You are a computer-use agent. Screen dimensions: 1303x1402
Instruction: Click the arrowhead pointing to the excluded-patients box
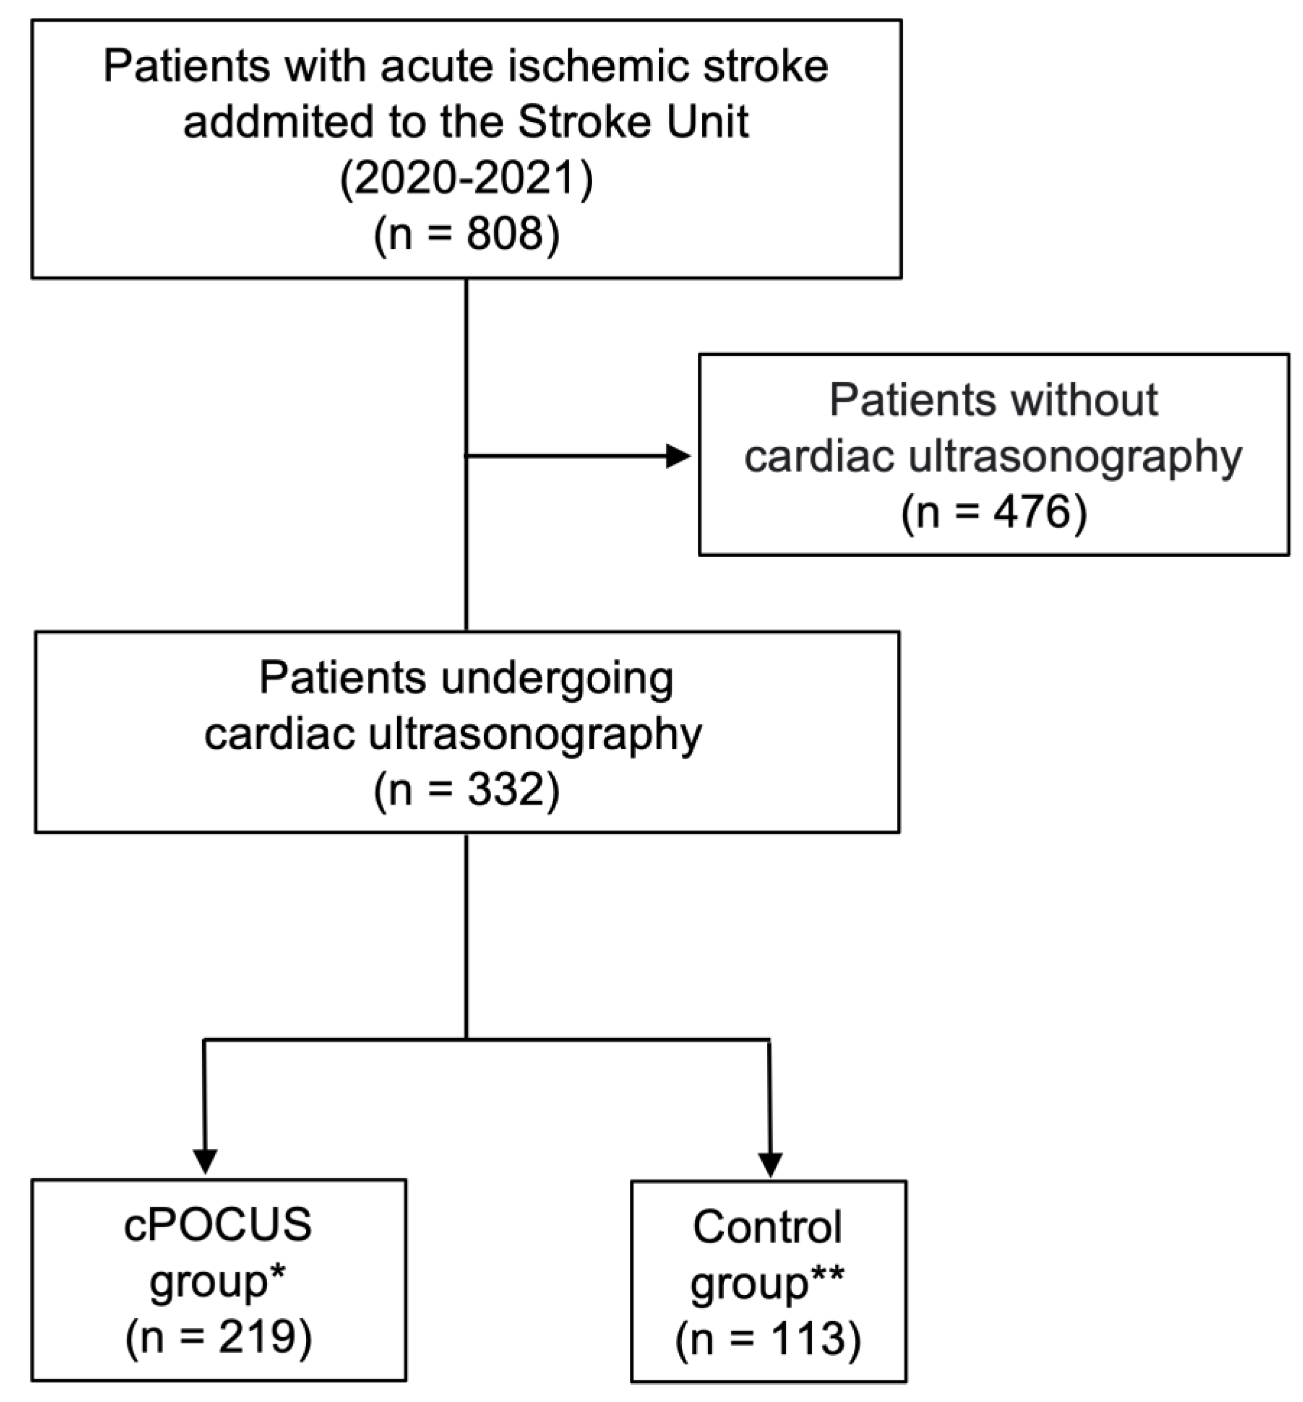pyautogui.click(x=678, y=456)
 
